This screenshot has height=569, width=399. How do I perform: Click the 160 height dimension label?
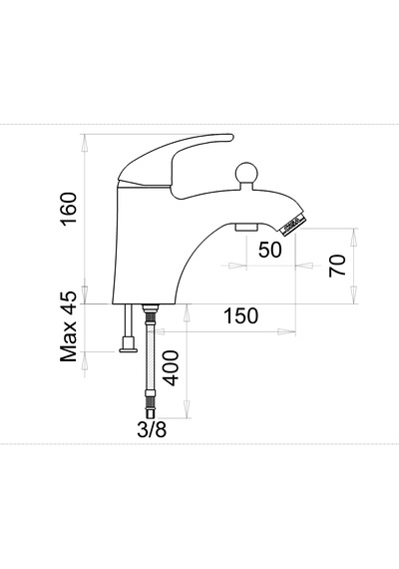[x=69, y=210]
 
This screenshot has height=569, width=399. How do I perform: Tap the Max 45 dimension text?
[x=69, y=326]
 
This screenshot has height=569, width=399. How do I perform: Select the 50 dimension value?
[x=270, y=250]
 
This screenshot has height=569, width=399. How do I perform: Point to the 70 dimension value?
[x=337, y=266]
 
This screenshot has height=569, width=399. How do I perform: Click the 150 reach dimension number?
[x=240, y=315]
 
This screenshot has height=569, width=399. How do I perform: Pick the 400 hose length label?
[x=171, y=368]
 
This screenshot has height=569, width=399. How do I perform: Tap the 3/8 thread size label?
[x=152, y=430]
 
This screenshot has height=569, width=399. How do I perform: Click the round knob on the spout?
[x=246, y=174]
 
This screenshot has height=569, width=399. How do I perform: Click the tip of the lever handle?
[x=231, y=137]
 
